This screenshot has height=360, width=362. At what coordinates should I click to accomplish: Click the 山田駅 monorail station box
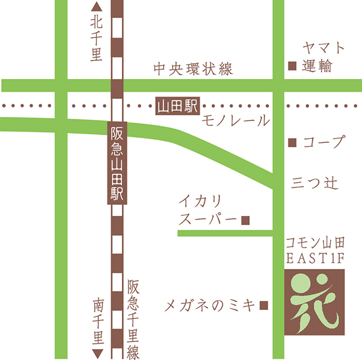pyautogui.click(x=177, y=106)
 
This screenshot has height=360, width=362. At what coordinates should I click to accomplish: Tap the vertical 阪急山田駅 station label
pyautogui.click(x=117, y=163)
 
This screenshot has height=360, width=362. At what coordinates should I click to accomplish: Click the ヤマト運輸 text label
pyautogui.click(x=317, y=57)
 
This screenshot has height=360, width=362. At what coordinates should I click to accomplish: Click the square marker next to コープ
pyautogui.click(x=293, y=144)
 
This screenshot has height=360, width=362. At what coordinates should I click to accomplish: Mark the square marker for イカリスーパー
pyautogui.click(x=245, y=221)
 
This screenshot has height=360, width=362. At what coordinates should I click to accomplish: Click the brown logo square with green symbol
pyautogui.click(x=313, y=302)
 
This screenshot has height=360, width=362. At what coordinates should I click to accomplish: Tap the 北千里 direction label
pyautogui.click(x=97, y=39)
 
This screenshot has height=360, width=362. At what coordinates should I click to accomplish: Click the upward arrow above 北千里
pyautogui.click(x=97, y=7)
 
